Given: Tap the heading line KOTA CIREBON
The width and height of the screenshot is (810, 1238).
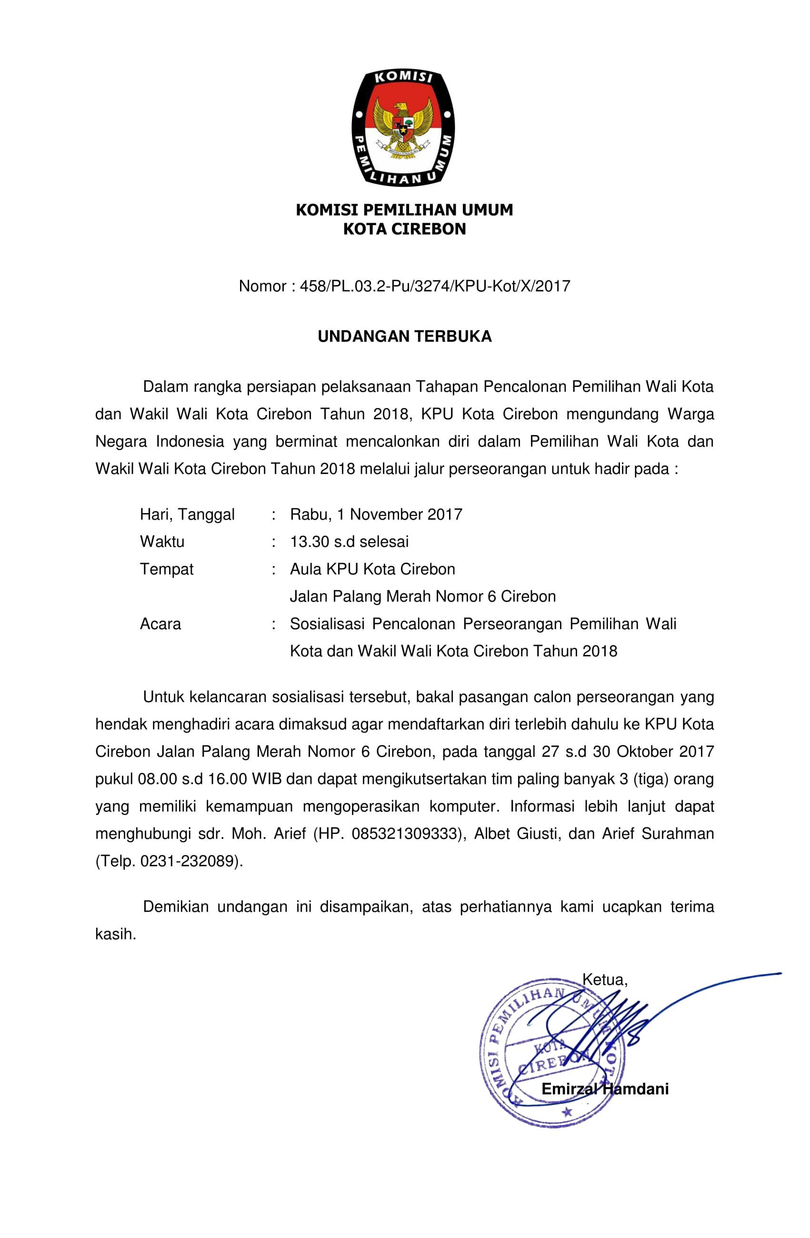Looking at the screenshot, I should [404, 229].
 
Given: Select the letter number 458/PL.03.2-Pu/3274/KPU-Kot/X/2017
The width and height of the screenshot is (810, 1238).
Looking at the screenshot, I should [435, 286].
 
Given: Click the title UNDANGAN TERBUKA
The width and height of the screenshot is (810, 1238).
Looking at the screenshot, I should [404, 337].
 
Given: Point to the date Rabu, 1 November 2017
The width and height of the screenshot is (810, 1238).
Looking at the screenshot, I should [376, 515].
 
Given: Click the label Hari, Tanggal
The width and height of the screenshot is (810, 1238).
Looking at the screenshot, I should [187, 515].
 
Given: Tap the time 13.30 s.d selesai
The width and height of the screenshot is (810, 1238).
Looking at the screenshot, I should [349, 542].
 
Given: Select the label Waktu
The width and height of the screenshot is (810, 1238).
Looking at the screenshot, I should [162, 542].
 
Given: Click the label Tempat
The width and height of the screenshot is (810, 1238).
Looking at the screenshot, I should [166, 569].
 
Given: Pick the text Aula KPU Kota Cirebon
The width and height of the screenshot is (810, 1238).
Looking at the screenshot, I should [372, 569].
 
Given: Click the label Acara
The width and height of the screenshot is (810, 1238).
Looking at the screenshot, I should [160, 624].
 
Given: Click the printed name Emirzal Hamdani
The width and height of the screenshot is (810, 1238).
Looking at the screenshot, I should [605, 1089].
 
